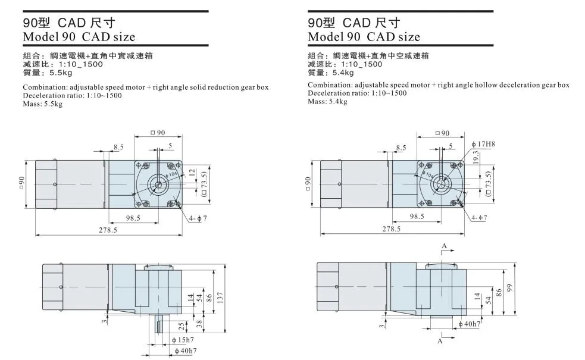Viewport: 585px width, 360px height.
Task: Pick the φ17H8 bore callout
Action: pyautogui.click(x=483, y=144)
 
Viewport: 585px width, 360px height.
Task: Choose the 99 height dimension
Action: pyautogui.click(x=509, y=288)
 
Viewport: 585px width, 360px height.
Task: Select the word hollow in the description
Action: pyautogui.click(x=485, y=85)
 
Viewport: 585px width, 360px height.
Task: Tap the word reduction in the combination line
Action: pyautogui.click(x=221, y=87)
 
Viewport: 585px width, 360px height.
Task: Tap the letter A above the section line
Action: pyautogui.click(x=444, y=245)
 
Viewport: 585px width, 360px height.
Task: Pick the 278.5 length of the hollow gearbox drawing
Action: pyautogui.click(x=391, y=228)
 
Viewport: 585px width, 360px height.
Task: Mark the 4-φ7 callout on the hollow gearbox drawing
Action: pyautogui.click(x=478, y=218)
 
